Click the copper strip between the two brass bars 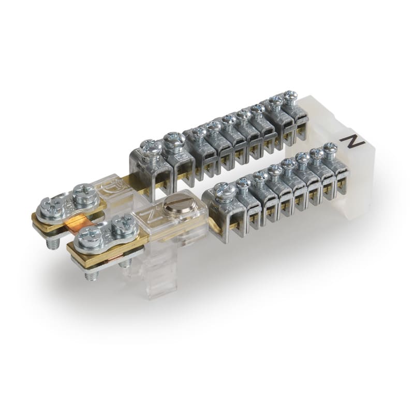78,223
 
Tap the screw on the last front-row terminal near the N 330,148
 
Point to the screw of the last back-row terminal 290,96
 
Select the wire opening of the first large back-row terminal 149,179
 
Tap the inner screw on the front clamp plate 123,224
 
